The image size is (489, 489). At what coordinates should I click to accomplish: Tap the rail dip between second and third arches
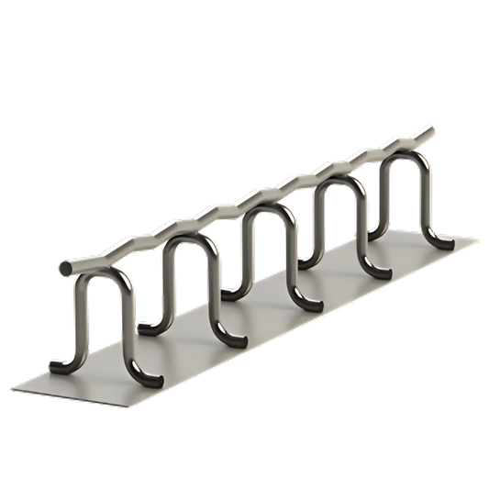(225, 221)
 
